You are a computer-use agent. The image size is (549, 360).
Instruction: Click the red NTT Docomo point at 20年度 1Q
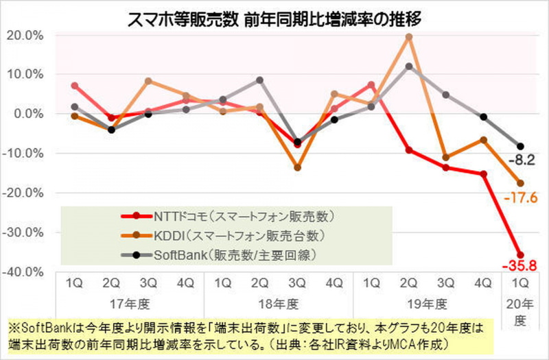pyautogui.click(x=519, y=255)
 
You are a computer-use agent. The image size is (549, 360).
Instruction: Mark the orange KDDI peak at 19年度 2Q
pyautogui.click(x=409, y=37)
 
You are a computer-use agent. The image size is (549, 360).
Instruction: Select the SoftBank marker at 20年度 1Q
pyautogui.click(x=519, y=146)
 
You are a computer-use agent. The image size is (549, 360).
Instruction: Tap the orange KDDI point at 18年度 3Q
pyautogui.click(x=297, y=167)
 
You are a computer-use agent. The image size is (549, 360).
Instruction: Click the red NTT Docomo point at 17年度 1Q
pyautogui.click(x=74, y=86)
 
